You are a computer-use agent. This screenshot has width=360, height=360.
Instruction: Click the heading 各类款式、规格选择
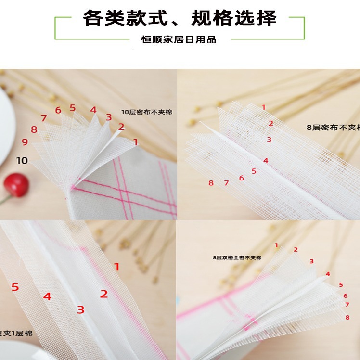[180, 18]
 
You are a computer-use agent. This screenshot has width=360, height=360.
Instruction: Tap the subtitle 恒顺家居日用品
[179, 39]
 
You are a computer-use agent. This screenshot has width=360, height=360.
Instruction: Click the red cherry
[16, 185]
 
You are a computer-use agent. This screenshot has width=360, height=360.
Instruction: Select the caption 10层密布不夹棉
[146, 112]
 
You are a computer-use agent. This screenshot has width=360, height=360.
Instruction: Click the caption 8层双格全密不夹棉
[237, 258]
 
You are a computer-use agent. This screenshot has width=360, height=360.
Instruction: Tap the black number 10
[22, 160]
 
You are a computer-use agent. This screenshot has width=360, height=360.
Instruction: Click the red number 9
[25, 142]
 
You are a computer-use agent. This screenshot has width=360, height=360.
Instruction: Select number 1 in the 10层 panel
[136, 142]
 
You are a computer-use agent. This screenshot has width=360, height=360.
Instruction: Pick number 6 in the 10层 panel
[58, 110]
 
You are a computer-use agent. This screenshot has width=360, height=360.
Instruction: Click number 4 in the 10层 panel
[93, 110]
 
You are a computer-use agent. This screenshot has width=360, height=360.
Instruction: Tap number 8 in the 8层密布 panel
[211, 183]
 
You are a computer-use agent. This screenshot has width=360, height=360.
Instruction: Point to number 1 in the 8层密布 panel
[263, 107]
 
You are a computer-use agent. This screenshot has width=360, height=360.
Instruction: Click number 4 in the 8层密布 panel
[265, 161]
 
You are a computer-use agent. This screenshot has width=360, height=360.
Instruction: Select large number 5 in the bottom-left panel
[15, 287]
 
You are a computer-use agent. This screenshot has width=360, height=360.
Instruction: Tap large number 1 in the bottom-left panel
[116, 267]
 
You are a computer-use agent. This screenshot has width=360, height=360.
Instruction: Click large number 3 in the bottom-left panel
[80, 309]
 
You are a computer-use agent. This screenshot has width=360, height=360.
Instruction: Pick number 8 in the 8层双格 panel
[347, 317]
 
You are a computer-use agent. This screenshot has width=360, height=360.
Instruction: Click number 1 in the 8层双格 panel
[276, 245]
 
